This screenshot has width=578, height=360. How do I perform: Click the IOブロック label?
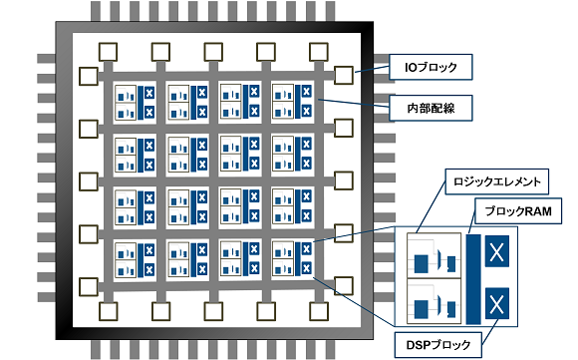430,67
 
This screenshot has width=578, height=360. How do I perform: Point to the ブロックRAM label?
518,211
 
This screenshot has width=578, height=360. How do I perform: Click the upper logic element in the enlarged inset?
433,257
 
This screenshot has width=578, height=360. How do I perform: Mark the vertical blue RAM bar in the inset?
472,279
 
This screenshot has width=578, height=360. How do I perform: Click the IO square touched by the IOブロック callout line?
344,75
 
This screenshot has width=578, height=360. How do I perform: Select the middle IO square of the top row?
214,50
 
